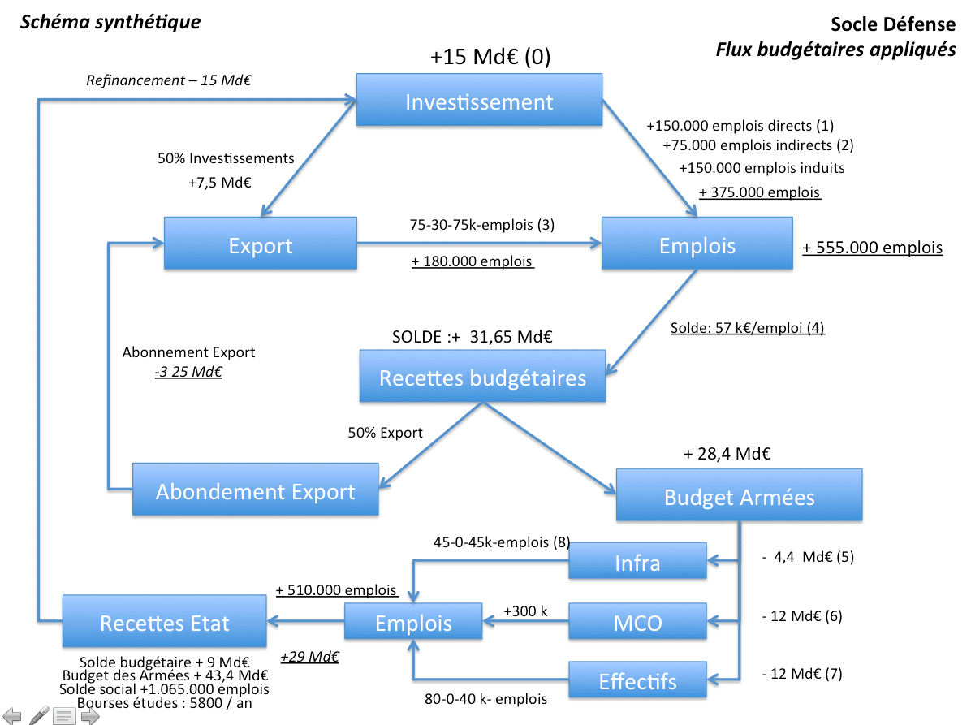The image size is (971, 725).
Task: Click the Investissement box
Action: tap(479, 102)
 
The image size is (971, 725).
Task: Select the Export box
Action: tap(260, 245)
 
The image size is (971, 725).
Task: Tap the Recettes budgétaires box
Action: tap(482, 378)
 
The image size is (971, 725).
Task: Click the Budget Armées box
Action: tap(739, 497)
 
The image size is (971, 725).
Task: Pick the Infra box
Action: tap(637, 563)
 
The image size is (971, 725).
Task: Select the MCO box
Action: tap(637, 623)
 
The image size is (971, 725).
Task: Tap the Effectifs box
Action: tap(637, 681)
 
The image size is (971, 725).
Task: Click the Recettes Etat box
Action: tap(164, 623)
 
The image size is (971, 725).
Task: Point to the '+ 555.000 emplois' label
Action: tap(872, 248)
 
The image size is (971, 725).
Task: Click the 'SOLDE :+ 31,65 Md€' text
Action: tap(472, 337)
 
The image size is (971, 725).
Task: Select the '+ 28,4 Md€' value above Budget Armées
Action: tap(727, 453)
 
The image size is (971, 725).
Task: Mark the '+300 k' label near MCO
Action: tap(525, 611)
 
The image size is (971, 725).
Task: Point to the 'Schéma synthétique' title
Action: tap(110, 22)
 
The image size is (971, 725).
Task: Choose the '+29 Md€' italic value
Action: tap(309, 656)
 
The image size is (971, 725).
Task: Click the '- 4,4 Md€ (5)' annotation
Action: tap(808, 557)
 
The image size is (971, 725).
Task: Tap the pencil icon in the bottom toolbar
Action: tap(38, 715)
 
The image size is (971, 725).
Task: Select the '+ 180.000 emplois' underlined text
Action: tap(472, 261)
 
